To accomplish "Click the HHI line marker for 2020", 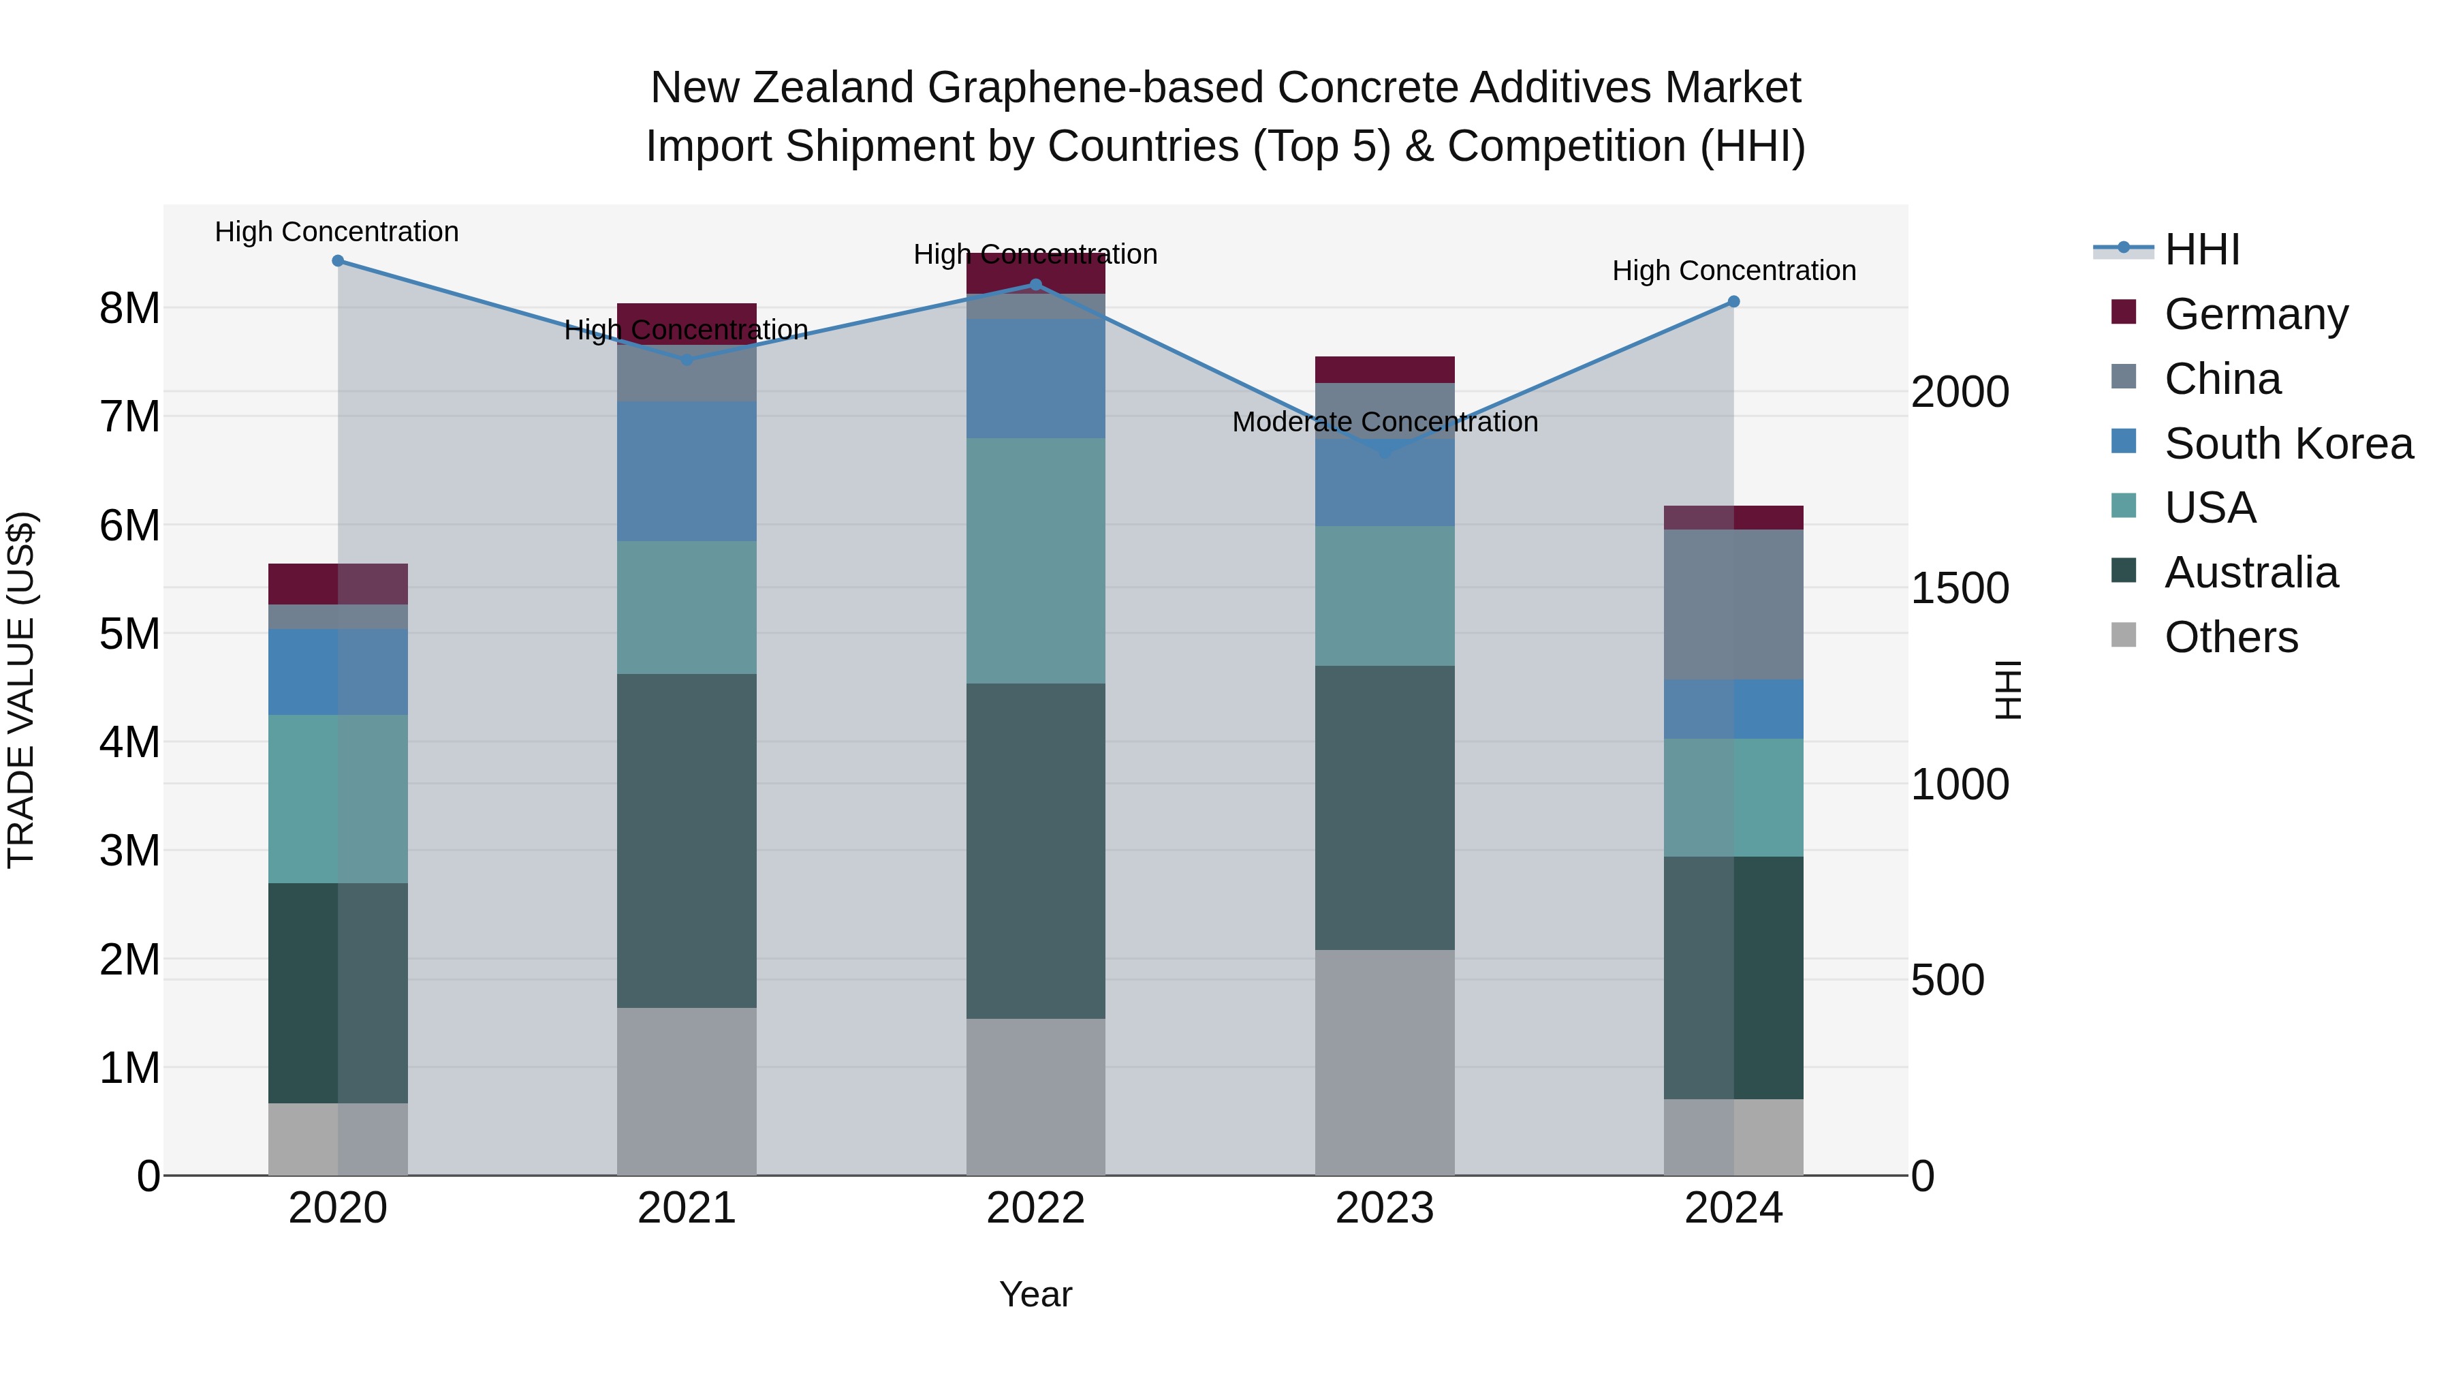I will (338, 261).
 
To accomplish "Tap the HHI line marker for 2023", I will (1385, 451).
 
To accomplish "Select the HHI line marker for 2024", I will (1733, 302).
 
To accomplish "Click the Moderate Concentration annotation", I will (1385, 422).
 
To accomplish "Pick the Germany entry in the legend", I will (2255, 314).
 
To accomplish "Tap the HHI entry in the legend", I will (2201, 249).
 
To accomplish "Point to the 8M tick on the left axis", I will (130, 309).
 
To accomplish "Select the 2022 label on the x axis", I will (1035, 1208).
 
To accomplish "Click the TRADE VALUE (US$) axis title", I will (21, 690).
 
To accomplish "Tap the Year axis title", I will (1035, 1294).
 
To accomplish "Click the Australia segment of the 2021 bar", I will (687, 840).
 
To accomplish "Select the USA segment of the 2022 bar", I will (1035, 560).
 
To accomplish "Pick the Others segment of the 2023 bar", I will (1385, 1062).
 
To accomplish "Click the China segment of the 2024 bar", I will (1733, 604).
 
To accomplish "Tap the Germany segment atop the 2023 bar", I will (1385, 369).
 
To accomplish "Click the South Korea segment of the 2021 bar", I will (687, 472).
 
